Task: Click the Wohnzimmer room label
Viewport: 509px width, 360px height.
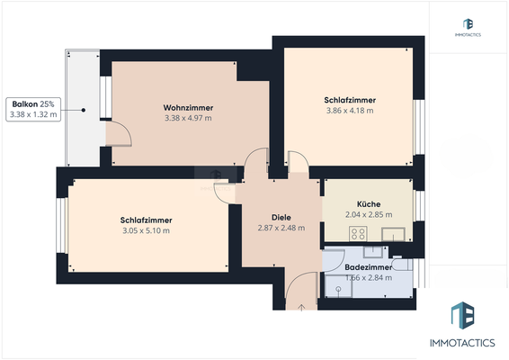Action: pyautogui.click(x=188, y=107)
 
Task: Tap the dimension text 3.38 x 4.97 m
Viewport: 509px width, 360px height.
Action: pyautogui.click(x=188, y=118)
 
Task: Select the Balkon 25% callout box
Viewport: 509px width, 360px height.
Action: pyautogui.click(x=33, y=109)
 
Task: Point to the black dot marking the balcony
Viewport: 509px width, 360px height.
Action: pyautogui.click(x=84, y=110)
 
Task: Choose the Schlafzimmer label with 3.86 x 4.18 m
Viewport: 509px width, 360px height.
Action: pyautogui.click(x=349, y=100)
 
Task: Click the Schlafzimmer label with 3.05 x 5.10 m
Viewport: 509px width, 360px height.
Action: pyautogui.click(x=146, y=220)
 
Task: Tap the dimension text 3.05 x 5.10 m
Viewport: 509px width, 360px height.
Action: pyautogui.click(x=146, y=231)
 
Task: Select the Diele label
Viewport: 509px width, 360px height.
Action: pyautogui.click(x=281, y=217)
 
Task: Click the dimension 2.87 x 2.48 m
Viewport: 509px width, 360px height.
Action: pyautogui.click(x=281, y=228)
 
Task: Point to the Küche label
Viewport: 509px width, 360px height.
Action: pyautogui.click(x=368, y=204)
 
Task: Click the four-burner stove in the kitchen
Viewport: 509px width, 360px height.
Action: pyautogui.click(x=357, y=233)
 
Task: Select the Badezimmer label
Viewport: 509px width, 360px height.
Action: pyautogui.click(x=369, y=267)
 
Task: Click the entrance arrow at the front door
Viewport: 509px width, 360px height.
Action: pyautogui.click(x=301, y=307)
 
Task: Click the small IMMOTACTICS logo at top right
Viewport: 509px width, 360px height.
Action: pyautogui.click(x=468, y=27)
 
